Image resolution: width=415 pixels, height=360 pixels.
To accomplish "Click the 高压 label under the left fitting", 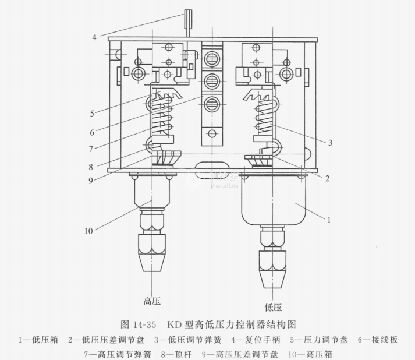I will click(151, 301).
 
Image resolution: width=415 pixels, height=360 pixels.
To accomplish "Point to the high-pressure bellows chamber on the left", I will click(151, 192).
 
